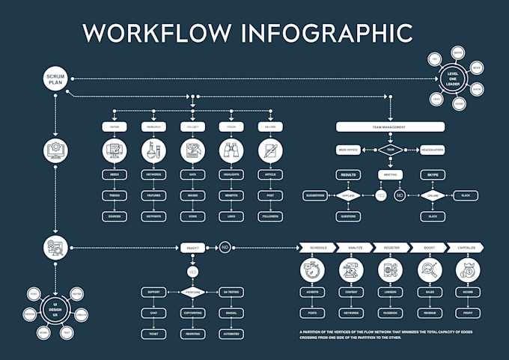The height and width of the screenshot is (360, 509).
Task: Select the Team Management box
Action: pos(390,127)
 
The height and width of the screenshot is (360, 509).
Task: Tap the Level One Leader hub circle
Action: pos(453,78)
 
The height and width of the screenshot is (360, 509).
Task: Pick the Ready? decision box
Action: pos(192,246)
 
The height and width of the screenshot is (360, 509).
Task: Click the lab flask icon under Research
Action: pos(153,151)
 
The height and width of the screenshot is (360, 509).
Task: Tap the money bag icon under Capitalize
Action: pos(468,270)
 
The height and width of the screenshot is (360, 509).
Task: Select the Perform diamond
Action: pos(192,292)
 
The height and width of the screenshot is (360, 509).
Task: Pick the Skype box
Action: pos(432,174)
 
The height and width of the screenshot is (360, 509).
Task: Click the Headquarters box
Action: pos(432,150)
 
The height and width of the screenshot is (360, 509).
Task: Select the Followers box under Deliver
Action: pos(269,216)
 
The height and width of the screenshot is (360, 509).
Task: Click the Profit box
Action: pos(468,312)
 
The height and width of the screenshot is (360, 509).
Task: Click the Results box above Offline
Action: pos(347,174)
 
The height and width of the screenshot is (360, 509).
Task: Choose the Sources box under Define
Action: pos(115,216)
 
